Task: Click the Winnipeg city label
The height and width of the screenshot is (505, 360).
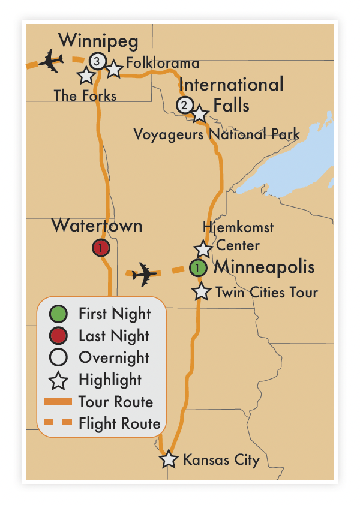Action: tap(98, 41)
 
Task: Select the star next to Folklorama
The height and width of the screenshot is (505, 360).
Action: tap(114, 69)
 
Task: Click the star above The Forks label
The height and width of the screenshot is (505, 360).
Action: tap(86, 76)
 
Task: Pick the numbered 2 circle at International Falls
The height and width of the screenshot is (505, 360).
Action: tap(185, 105)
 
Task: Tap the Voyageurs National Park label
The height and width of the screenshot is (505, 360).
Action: tap(217, 133)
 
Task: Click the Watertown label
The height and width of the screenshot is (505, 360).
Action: tap(97, 226)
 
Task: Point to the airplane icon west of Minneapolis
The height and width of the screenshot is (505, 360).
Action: tap(145, 273)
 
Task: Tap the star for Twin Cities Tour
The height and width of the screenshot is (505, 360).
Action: tap(202, 292)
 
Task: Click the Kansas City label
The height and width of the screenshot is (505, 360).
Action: tap(221, 460)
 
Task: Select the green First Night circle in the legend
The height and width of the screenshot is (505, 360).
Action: tap(59, 314)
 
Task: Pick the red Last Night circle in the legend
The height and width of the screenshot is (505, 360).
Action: tap(59, 336)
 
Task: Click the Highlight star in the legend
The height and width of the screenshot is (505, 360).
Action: tap(59, 380)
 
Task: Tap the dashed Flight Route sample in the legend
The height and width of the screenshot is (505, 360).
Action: tap(59, 423)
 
